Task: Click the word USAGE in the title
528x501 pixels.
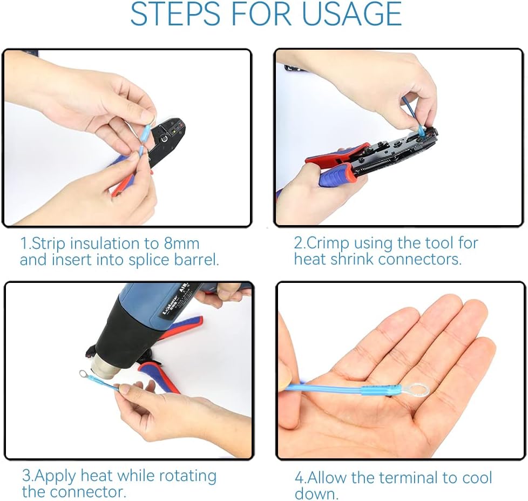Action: tap(352, 15)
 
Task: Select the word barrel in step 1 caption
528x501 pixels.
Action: tap(197, 260)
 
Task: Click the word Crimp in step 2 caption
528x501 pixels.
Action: tap(328, 243)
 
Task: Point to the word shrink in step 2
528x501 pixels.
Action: tap(350, 259)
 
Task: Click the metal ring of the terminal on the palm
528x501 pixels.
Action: tap(417, 389)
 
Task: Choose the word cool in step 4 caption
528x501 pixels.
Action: tap(477, 478)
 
